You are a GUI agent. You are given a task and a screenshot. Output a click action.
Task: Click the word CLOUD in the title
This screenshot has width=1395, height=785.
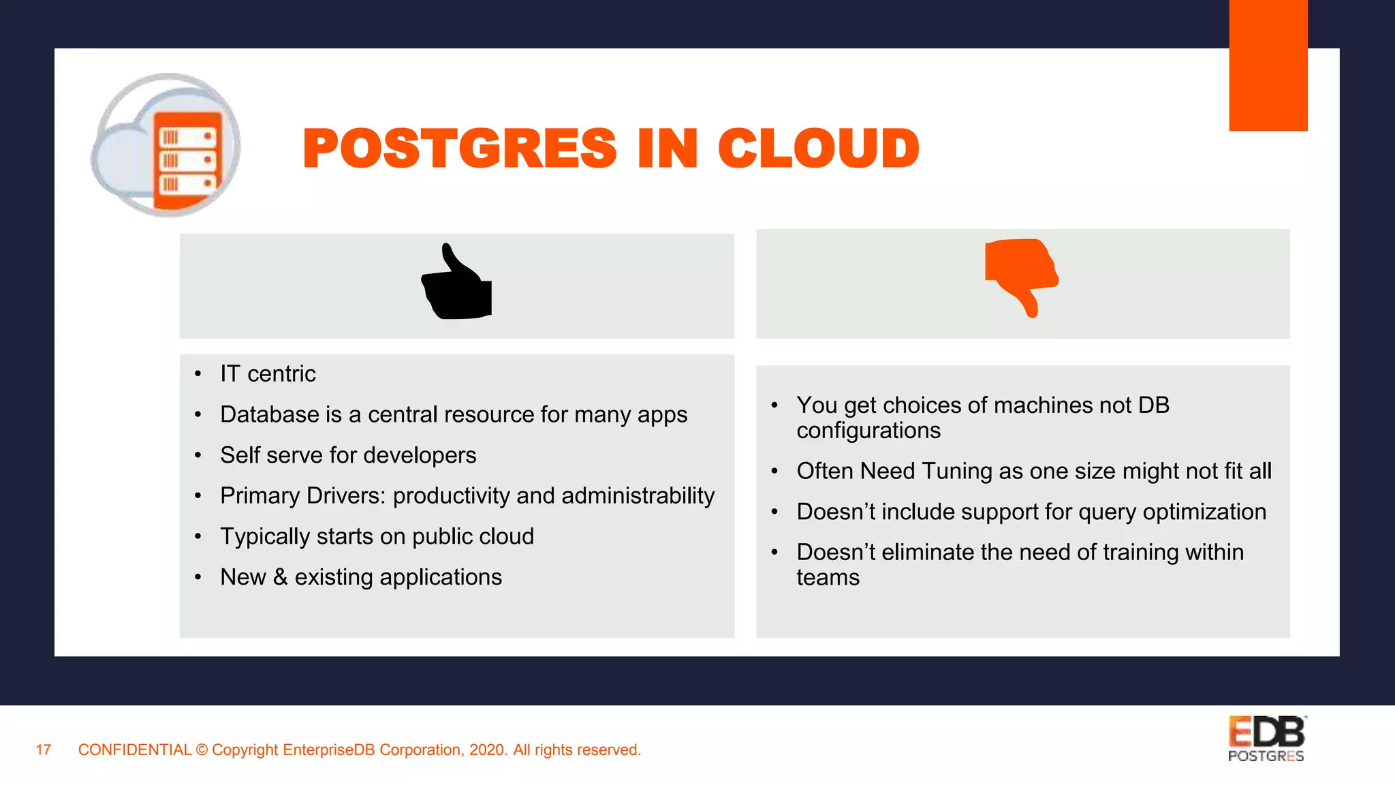818,149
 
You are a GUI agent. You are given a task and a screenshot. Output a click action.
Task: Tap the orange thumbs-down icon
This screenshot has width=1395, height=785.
1020,275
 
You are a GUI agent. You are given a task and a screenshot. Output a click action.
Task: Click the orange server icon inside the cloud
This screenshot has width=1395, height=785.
187,160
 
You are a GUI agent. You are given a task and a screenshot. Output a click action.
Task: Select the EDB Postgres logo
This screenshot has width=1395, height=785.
1266,739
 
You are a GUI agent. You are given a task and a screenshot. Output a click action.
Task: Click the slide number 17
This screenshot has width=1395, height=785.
44,750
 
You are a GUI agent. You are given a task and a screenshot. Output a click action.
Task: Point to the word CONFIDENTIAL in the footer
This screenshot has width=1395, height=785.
135,750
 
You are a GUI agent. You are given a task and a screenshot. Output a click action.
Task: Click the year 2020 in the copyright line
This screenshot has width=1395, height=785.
487,750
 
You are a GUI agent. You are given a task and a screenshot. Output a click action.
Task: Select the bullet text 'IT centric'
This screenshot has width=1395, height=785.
268,374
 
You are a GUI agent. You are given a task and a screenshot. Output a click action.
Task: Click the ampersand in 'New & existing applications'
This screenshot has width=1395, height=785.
280,577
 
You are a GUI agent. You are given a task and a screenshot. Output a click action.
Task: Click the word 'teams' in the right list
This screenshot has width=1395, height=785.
828,578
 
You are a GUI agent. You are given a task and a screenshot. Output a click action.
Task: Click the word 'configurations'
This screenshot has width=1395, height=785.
868,431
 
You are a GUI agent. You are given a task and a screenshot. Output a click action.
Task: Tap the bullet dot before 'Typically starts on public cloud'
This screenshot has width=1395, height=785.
198,537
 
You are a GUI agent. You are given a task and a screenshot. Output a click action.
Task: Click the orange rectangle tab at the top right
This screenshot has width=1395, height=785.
1268,65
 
